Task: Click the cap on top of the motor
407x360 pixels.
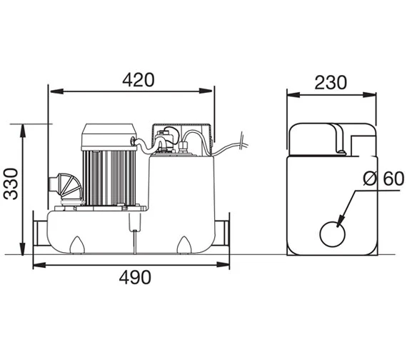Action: click(109, 136)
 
